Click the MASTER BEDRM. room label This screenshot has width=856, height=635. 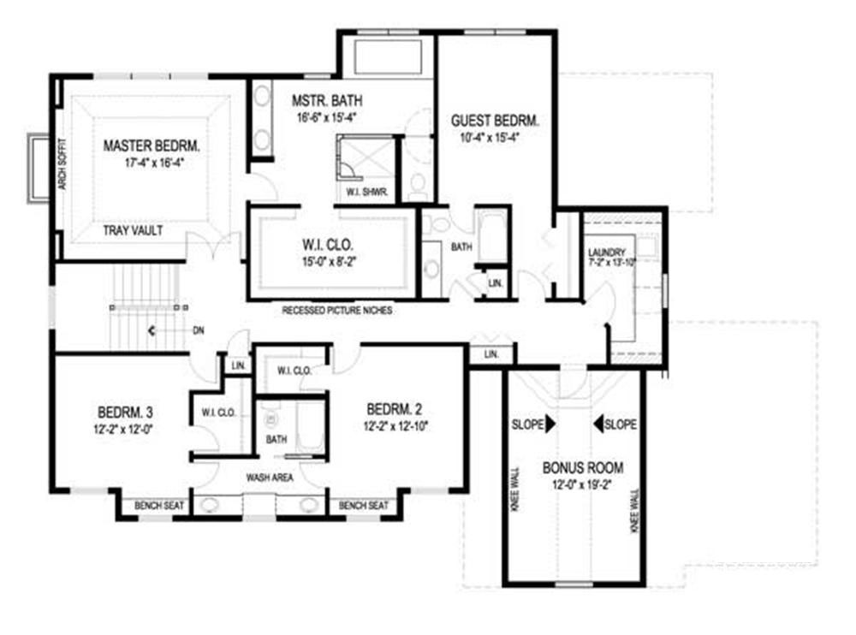pos(145,145)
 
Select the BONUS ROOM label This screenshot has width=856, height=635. pos(582,468)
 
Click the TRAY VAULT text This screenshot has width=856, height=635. pos(133,231)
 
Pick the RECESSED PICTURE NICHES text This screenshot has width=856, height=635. pos(337,311)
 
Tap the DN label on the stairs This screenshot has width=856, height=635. pos(199,329)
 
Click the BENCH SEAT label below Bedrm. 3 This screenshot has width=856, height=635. pos(160,507)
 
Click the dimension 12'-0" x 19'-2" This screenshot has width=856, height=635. pos(582,484)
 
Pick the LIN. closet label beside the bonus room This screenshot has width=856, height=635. pos(490,354)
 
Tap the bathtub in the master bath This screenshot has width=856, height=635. pos(386,57)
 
